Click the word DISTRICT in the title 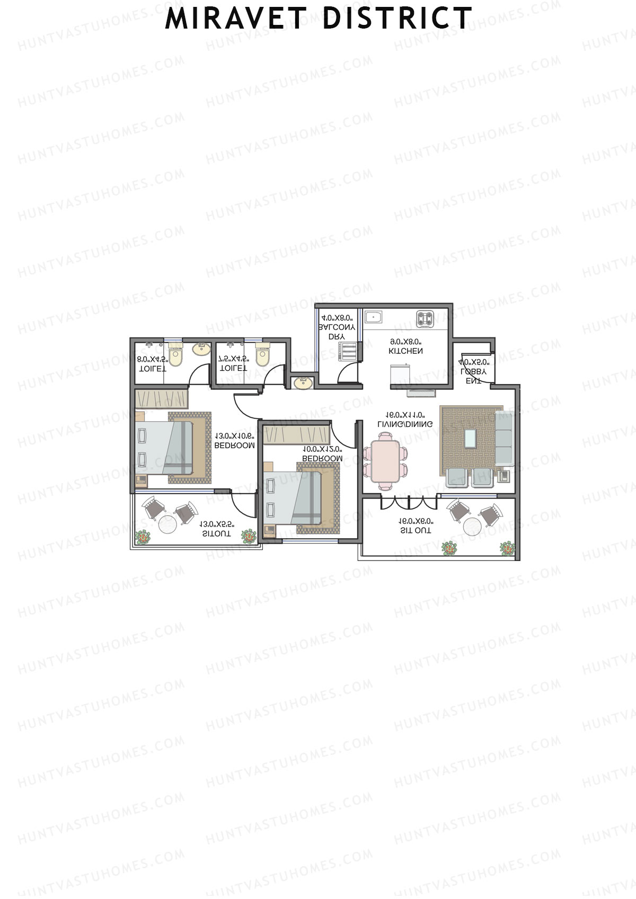click(x=397, y=19)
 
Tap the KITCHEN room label click(x=405, y=351)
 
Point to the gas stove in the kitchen click(x=425, y=318)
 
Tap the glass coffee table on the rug click(x=470, y=438)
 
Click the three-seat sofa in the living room click(x=504, y=438)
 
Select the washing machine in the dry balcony click(x=348, y=352)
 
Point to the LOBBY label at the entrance click(x=473, y=372)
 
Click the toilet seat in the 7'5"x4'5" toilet click(x=262, y=355)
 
